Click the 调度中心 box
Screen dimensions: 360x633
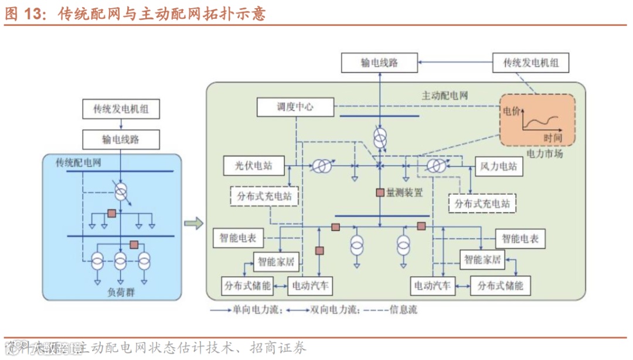coord(295,107)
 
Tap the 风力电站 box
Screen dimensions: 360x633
coord(499,166)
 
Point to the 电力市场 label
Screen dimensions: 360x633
coord(544,154)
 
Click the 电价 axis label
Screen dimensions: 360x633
coord(511,110)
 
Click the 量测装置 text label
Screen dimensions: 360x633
coord(404,192)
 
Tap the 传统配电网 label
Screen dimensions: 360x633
coord(79,162)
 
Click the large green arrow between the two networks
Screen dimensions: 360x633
coord(194,223)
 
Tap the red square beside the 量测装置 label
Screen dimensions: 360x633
coord(380,192)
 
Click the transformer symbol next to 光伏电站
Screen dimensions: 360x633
coord(320,166)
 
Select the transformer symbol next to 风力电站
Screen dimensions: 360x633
coord(435,166)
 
